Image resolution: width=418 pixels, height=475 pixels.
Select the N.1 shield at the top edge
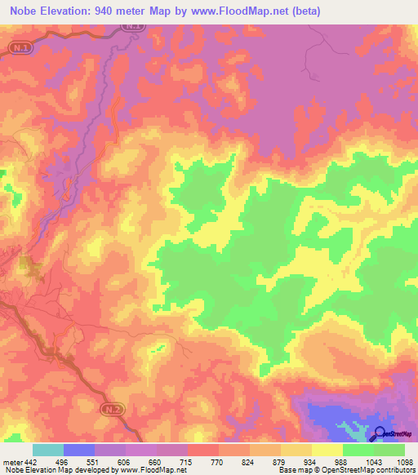coord(135,27)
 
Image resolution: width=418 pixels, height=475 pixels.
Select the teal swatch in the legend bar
coord(48,451)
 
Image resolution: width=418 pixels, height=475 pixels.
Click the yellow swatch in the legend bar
coord(327,451)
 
